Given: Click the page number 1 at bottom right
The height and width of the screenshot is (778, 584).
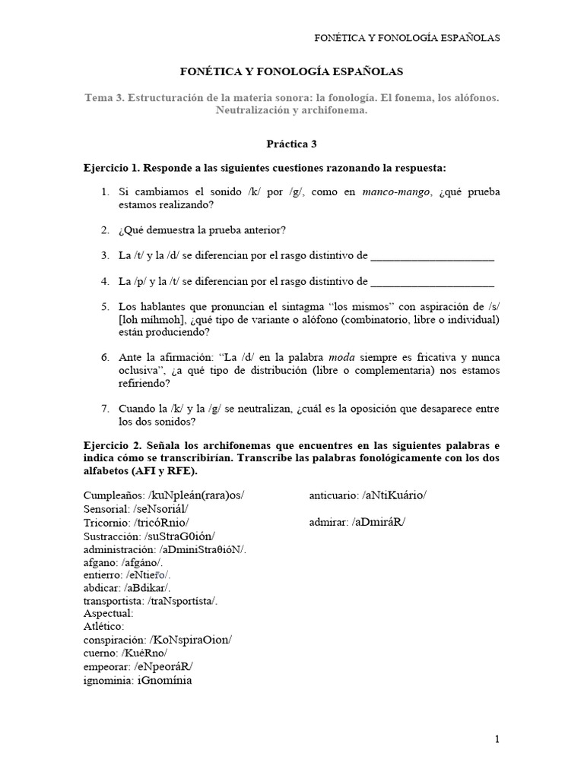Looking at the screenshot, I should click(497, 738).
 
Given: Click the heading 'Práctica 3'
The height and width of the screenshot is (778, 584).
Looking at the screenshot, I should click(291, 143).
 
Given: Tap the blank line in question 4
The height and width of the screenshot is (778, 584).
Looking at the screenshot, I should click(432, 282).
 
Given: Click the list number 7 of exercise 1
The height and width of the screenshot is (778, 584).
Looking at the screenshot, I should click(106, 409).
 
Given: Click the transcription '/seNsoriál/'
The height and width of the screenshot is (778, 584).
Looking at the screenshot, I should click(160, 509).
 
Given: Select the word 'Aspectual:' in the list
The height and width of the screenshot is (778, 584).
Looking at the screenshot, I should click(109, 613).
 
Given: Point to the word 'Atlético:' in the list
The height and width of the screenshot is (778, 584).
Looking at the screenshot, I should click(106, 626).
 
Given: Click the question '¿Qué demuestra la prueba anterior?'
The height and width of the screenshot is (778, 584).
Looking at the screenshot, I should click(202, 230).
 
